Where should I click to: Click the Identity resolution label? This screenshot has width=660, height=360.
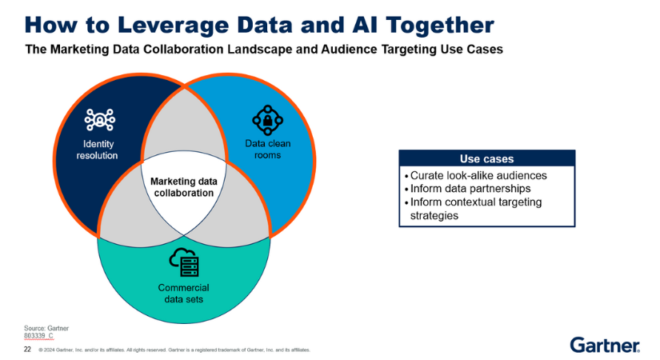point(97,150)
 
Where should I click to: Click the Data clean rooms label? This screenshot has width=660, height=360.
point(262,150)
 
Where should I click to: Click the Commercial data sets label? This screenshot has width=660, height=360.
point(183,294)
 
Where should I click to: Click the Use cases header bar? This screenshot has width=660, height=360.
point(486,158)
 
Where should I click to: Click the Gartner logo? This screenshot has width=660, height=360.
point(605,344)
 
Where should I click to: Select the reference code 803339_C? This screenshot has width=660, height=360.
point(39,336)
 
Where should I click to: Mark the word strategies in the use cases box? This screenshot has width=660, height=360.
point(439,215)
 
